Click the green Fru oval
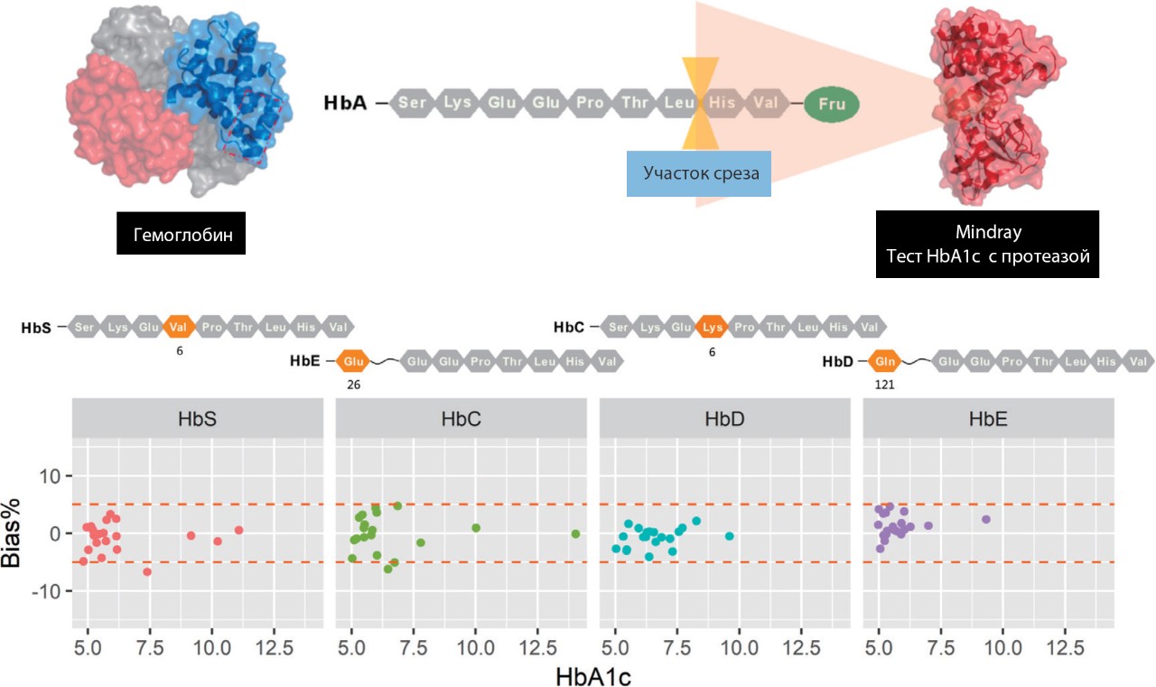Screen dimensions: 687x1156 [x=831, y=104]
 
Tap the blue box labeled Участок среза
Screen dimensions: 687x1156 [x=699, y=173]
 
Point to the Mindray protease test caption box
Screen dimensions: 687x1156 [x=987, y=244]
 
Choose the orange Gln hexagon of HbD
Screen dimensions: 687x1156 [x=883, y=362]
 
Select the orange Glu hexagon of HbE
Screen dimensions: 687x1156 [x=351, y=362]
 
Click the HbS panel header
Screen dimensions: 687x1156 [x=197, y=420]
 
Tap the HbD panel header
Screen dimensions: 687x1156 [x=725, y=420]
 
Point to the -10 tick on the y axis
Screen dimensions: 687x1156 [x=49, y=590]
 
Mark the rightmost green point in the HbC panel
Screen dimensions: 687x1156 [x=575, y=534]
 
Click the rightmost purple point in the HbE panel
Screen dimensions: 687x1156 [x=986, y=519]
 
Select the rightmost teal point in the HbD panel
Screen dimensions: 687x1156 [x=730, y=536]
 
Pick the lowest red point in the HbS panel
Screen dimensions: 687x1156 [x=147, y=571]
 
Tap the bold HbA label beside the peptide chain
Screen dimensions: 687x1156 [x=346, y=103]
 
